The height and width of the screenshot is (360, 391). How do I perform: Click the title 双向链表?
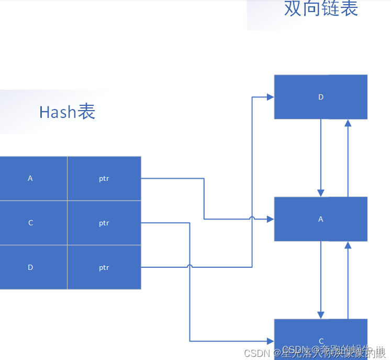(321, 9)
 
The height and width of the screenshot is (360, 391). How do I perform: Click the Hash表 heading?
(67, 112)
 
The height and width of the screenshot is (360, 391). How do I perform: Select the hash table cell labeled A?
(30, 178)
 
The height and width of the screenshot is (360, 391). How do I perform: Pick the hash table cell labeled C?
(30, 223)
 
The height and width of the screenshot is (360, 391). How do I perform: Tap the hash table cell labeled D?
(30, 267)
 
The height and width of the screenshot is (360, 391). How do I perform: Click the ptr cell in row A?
(104, 178)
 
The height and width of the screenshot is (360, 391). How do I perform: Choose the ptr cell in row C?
(104, 223)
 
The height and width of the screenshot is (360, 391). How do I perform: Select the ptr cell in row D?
(104, 267)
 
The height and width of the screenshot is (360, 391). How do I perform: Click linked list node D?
(320, 97)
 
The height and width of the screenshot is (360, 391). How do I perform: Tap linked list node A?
(320, 219)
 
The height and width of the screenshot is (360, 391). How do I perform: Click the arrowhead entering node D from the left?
(270, 97)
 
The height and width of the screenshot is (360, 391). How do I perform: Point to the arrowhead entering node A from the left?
(270, 219)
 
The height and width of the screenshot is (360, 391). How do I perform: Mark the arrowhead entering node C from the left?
(270, 341)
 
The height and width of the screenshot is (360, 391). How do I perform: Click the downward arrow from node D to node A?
(321, 157)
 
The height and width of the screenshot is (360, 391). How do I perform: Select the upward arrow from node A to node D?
(348, 157)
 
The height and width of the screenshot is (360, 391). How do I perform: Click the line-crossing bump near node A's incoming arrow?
(252, 219)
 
